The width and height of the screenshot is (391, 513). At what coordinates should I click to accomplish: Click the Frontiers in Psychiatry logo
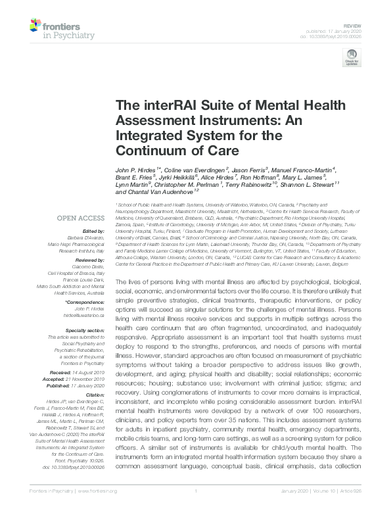(50, 29)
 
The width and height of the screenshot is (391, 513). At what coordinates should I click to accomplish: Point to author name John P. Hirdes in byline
(136, 170)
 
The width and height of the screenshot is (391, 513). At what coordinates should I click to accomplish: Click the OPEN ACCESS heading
(81, 218)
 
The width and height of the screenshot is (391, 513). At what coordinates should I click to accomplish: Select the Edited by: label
(95, 232)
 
